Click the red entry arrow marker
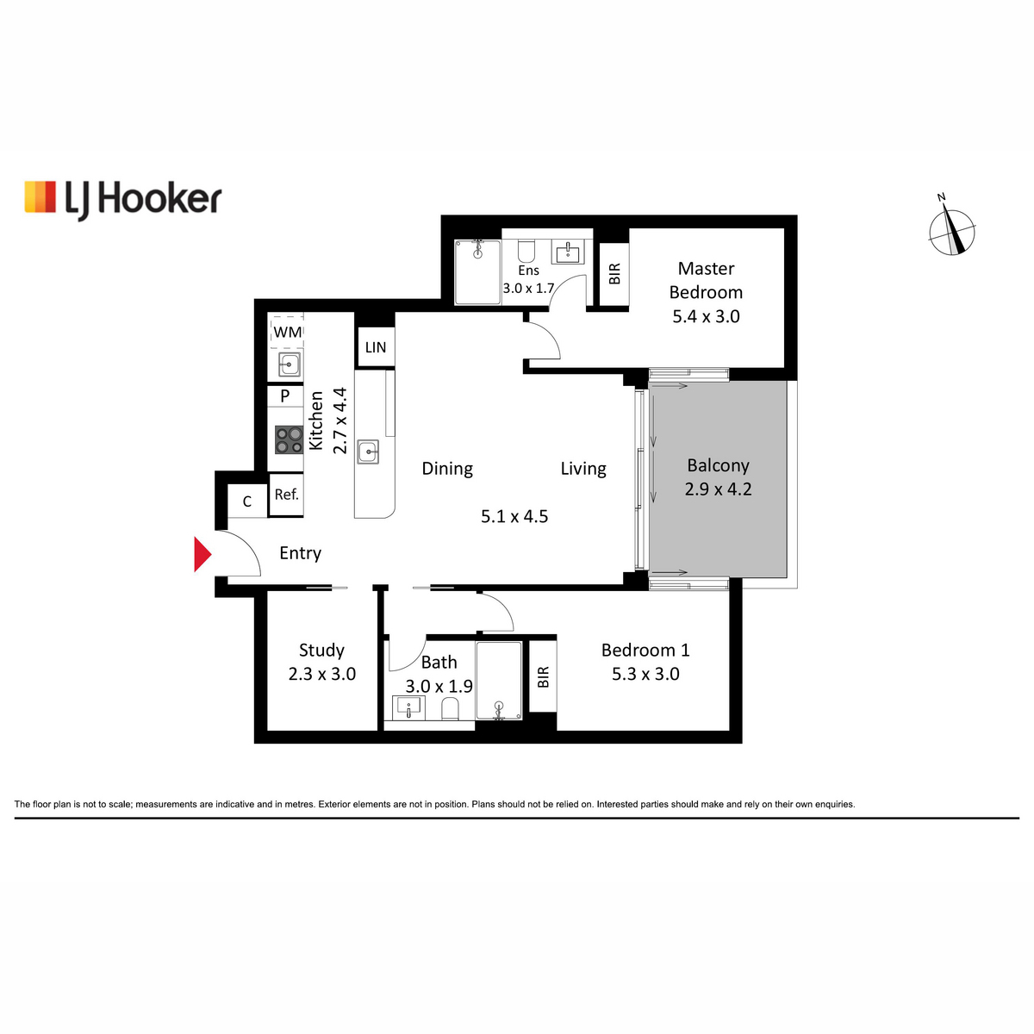(x=202, y=554)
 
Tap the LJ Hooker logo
(x=123, y=200)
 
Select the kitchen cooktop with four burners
(x=289, y=440)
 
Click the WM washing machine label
(x=288, y=332)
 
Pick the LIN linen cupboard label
(x=376, y=348)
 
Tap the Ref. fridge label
(x=287, y=495)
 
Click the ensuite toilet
(x=526, y=250)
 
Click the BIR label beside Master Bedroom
(x=615, y=274)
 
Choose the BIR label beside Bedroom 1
(x=543, y=677)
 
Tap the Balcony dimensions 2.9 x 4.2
(x=718, y=489)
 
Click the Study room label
(x=321, y=651)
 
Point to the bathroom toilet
(x=450, y=709)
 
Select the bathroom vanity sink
(x=409, y=707)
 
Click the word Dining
(x=447, y=469)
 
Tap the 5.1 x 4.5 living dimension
(x=514, y=516)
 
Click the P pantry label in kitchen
(x=285, y=396)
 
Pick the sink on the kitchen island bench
(x=368, y=452)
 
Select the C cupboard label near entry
(x=246, y=501)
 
